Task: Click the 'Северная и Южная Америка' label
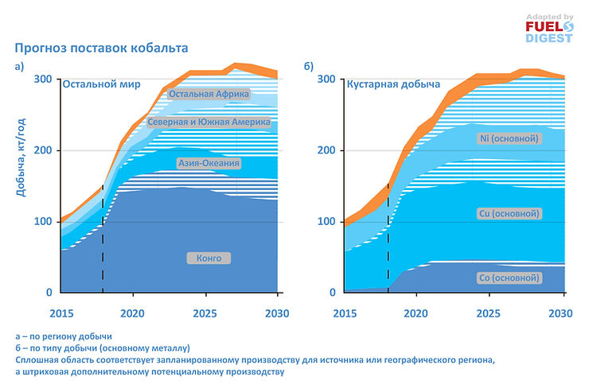(209, 123)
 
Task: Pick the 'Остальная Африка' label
(209, 94)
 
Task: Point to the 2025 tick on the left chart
(204, 312)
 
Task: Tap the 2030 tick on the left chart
(275, 312)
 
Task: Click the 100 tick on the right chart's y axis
(326, 221)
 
